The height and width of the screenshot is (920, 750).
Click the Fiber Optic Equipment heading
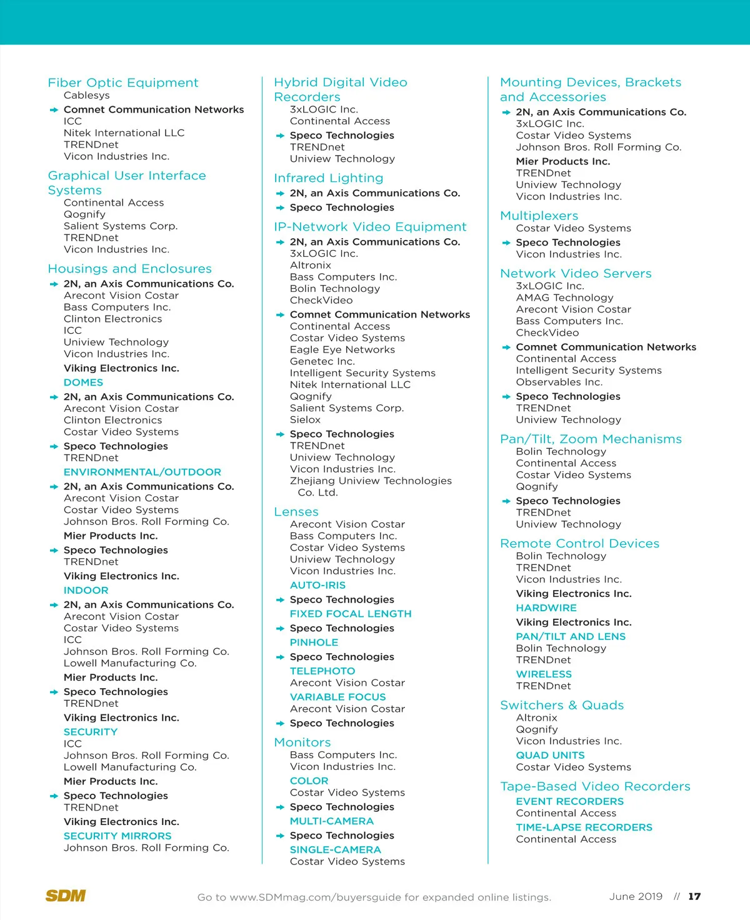pyautogui.click(x=123, y=82)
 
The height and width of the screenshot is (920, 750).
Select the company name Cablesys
pyautogui.click(x=87, y=96)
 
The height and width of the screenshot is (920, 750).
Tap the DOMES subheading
pyautogui.click(x=83, y=382)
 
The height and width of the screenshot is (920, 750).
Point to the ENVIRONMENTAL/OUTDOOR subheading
pyautogui.click(x=142, y=472)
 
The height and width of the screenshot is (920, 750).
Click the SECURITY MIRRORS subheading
pyautogui.click(x=117, y=836)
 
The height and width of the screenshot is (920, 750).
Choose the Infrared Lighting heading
pyautogui.click(x=329, y=178)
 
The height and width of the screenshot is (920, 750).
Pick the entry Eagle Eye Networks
pyautogui.click(x=342, y=350)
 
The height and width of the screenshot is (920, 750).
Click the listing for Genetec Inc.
pyautogui.click(x=322, y=361)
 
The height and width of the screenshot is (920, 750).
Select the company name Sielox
pyautogui.click(x=305, y=420)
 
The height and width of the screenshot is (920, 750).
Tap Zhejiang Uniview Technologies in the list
pyautogui.click(x=371, y=481)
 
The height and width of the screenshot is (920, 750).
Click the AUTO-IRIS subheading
pyautogui.click(x=317, y=585)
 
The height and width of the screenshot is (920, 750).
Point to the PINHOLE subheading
pyautogui.click(x=314, y=642)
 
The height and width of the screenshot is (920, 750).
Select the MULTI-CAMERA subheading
pyautogui.click(x=332, y=821)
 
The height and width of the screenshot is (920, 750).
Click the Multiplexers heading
pyautogui.click(x=539, y=216)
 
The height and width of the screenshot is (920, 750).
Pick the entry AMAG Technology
pyautogui.click(x=565, y=298)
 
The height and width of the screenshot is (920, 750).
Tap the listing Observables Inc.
pyautogui.click(x=559, y=382)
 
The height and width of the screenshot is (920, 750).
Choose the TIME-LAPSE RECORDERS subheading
pyautogui.click(x=584, y=827)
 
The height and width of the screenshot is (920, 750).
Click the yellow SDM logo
pyautogui.click(x=66, y=896)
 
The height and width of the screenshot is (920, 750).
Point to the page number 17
pyautogui.click(x=694, y=896)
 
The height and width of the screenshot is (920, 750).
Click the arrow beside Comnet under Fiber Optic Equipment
pyautogui.click(x=54, y=110)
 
